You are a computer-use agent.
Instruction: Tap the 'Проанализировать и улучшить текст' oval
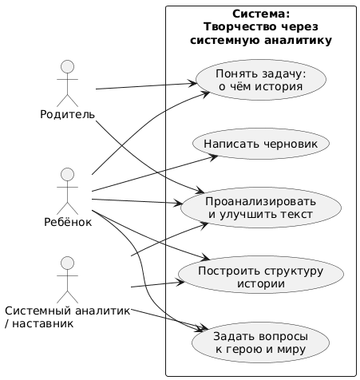pyautogui.click(x=260, y=206)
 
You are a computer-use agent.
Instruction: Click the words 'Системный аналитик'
pyautogui.click(x=67, y=311)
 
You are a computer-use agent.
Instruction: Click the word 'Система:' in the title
pyautogui.click(x=260, y=14)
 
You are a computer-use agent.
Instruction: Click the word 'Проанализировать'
pyautogui.click(x=260, y=200)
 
